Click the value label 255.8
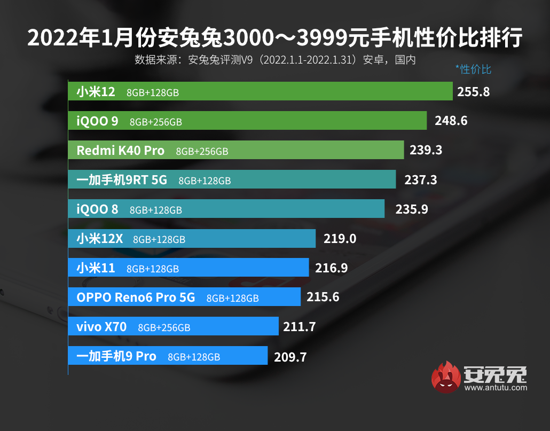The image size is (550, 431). pos(474,92)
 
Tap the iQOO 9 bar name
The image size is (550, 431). pos(97,121)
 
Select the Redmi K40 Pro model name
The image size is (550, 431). pos(120,151)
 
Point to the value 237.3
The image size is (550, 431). pos(421,180)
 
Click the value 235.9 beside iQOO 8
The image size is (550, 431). pos(412,209)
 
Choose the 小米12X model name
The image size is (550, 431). pos(99,239)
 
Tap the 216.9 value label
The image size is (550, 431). pos(332,268)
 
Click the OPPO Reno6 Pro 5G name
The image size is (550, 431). pos(136,297)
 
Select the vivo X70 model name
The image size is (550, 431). pos(101,327)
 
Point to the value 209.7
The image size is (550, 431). pos(290,356)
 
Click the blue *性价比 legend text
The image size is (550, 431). pos(473,69)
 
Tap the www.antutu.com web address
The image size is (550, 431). pos(496,387)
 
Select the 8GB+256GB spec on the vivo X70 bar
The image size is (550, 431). pos(164,327)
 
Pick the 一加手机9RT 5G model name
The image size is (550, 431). pos(122,181)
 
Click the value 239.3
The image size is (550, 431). pos(426,151)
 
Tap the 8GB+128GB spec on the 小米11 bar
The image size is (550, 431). pos(153,269)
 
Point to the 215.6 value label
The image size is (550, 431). pos(323,297)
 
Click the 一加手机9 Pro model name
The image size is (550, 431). pos(116,356)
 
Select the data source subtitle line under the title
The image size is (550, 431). pos(275,59)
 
